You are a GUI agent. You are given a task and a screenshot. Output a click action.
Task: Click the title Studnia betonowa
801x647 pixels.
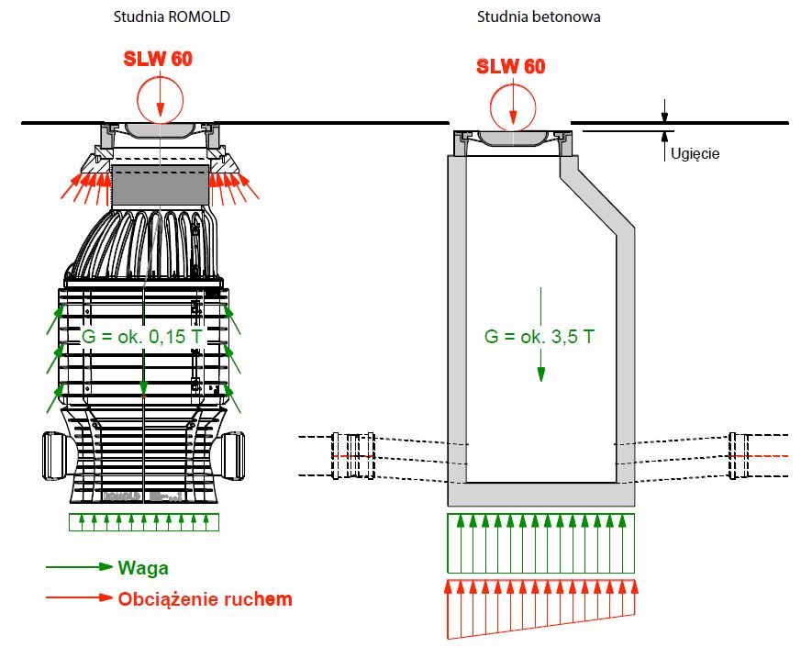click(x=539, y=17)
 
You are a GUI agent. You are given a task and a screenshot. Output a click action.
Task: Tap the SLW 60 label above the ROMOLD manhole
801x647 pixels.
click(x=159, y=59)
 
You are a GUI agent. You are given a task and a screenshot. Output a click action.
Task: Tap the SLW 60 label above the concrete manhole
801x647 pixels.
click(x=510, y=66)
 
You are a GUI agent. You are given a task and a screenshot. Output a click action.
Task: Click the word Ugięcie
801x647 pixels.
click(x=695, y=153)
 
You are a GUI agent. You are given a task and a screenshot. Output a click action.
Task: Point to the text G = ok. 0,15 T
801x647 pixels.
click(x=141, y=337)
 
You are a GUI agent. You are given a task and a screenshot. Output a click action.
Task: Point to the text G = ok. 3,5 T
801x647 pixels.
click(x=539, y=337)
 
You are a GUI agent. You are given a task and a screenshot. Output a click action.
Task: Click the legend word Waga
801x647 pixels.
click(x=143, y=568)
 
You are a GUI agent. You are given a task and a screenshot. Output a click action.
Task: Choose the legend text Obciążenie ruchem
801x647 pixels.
click(x=205, y=599)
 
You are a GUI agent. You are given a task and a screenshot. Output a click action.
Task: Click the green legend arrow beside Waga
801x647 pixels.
click(x=79, y=568)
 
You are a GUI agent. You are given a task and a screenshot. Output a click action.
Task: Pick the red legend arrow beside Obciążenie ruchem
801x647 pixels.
click(x=79, y=598)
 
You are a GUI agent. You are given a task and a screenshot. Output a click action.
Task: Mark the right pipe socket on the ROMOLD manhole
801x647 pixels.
click(x=233, y=454)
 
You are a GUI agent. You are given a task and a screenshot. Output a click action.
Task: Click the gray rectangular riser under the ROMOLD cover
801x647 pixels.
click(x=160, y=186)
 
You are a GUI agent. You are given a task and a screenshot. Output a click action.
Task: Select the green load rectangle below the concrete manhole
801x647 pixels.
click(x=541, y=543)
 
